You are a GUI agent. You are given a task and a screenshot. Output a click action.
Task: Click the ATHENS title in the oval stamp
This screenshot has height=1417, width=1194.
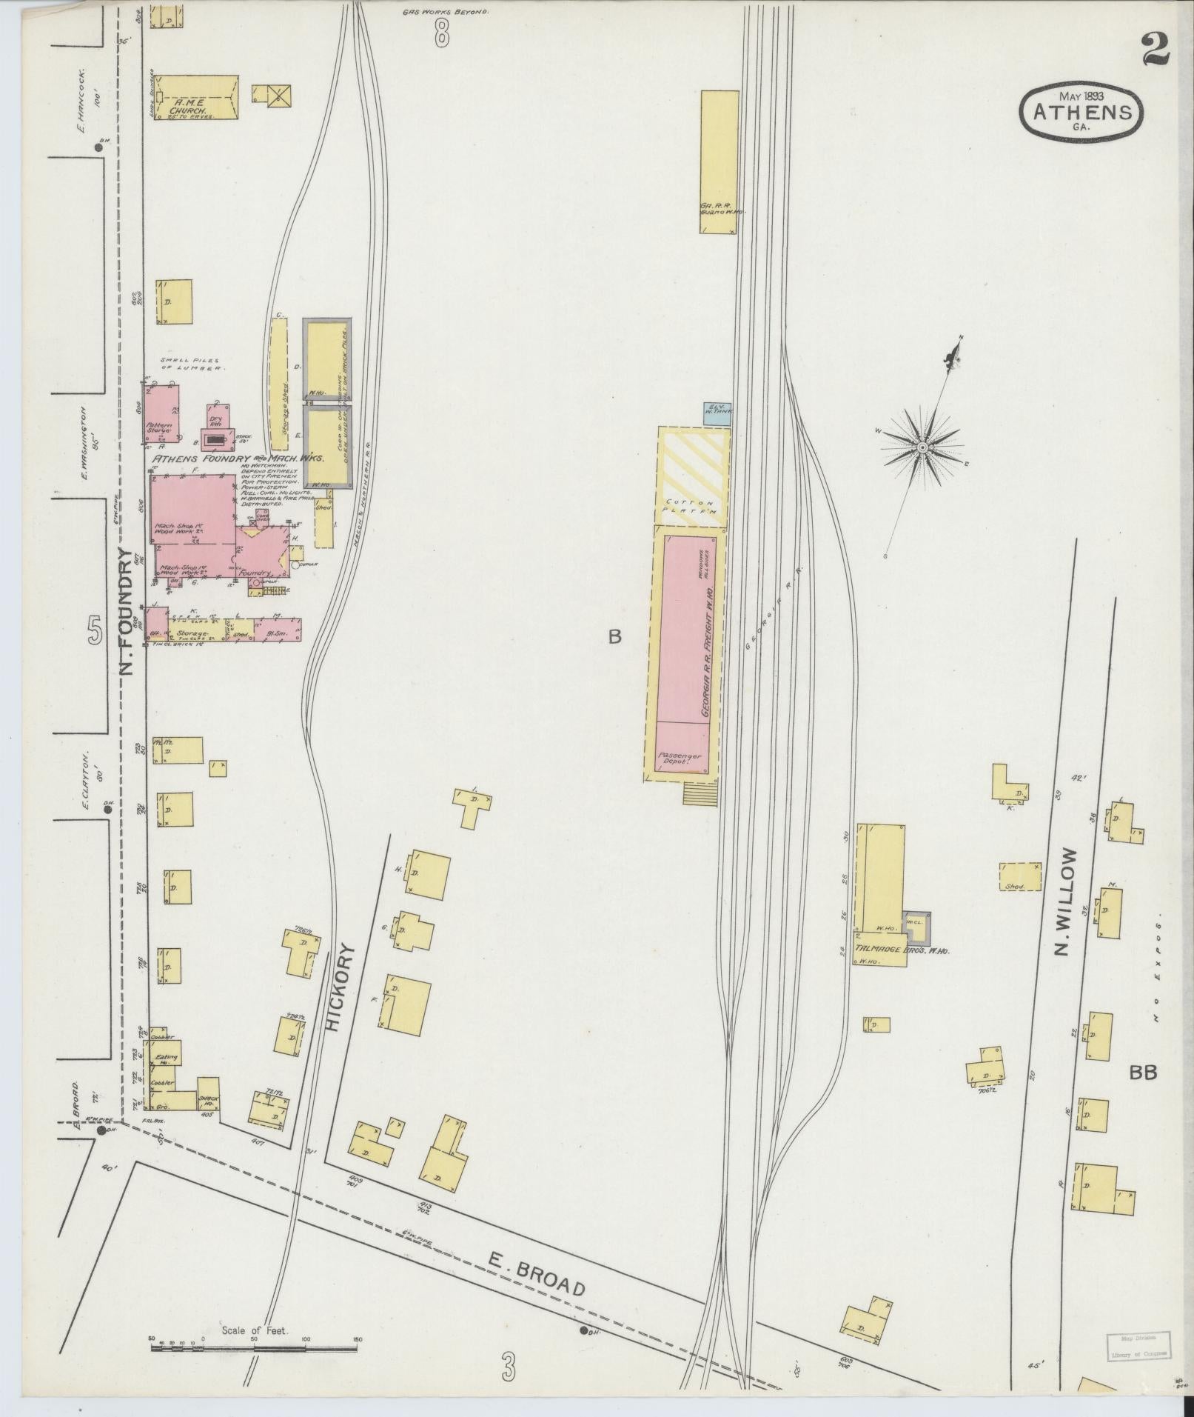1081,113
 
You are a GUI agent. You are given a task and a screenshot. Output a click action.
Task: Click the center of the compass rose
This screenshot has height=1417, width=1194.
922,448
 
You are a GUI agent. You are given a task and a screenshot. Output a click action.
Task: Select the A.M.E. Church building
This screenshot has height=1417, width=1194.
196,98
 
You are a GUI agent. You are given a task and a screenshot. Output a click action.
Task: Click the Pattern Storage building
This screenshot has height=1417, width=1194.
161,413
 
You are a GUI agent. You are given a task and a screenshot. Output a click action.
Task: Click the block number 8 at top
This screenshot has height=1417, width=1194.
442,32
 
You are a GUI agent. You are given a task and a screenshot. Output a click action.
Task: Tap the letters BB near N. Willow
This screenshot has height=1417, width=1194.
1143,1072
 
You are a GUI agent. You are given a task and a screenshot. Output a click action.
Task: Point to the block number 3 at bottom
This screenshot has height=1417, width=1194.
507,1364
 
